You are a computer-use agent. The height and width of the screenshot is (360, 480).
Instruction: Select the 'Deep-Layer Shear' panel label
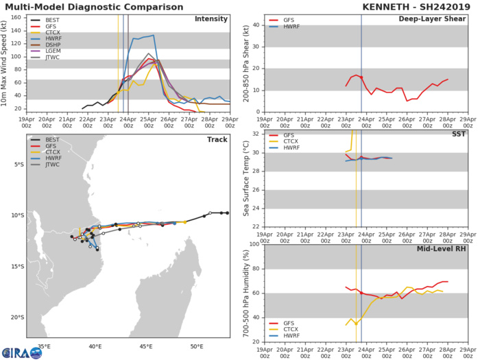pos(428,19)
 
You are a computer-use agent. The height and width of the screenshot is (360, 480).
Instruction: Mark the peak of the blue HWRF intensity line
pos(153,35)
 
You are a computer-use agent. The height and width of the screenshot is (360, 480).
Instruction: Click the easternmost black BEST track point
pos(227,213)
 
